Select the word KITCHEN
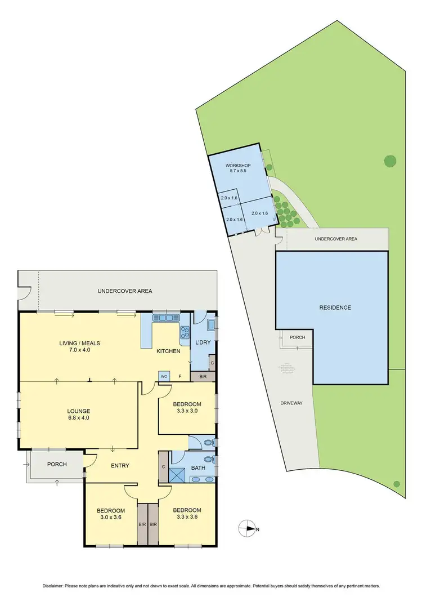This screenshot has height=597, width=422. [x=169, y=351]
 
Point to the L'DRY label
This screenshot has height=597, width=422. [x=202, y=343]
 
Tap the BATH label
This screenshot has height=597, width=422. [x=199, y=467]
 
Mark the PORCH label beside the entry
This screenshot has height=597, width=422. [x=57, y=465]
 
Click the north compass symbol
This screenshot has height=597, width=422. [x=247, y=529]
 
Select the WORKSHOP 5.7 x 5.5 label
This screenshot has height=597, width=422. [x=236, y=168]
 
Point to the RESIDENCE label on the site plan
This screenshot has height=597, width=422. [x=335, y=308]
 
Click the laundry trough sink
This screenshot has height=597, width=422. [x=211, y=325]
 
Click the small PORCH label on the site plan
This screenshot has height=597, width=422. [x=297, y=338]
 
